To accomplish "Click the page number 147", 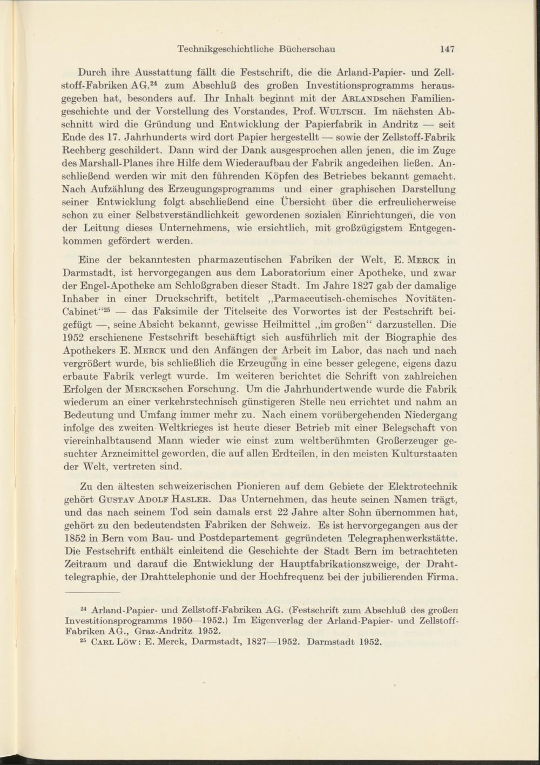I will click(x=447, y=49).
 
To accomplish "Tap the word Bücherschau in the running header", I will click(x=307, y=49).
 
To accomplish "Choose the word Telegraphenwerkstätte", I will click(x=404, y=538).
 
